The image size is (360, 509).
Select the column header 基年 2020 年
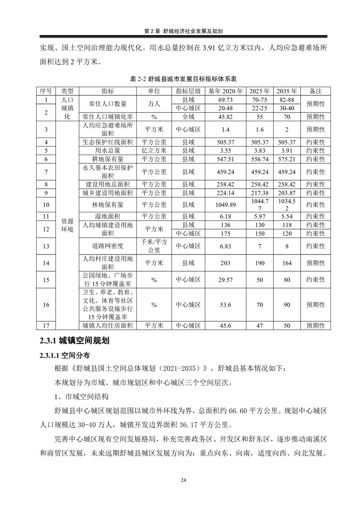tap(226, 91)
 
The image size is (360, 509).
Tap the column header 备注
tap(316, 91)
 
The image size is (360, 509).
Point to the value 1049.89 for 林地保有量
tap(226, 205)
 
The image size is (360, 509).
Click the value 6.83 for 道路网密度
tap(226, 246)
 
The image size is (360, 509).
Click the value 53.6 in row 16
tap(226, 305)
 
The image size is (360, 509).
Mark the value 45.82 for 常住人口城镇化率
tap(226, 116)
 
